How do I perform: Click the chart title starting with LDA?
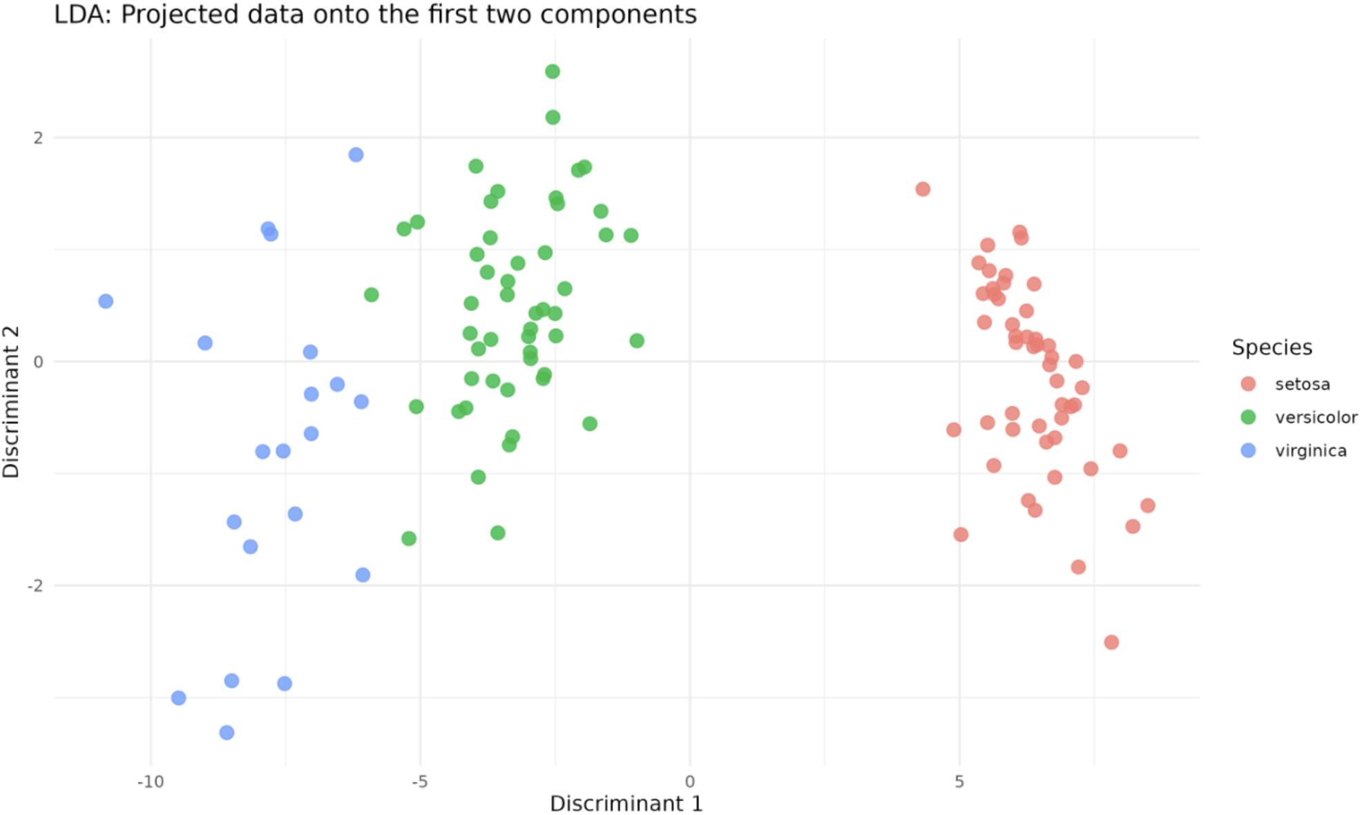(x=375, y=15)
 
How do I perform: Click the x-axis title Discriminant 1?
(x=626, y=803)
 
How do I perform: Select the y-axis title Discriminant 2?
(x=11, y=402)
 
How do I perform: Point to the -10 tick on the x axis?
(x=151, y=781)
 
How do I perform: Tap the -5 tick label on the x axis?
(x=420, y=781)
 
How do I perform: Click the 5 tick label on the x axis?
(x=959, y=781)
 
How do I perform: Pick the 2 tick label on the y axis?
(x=38, y=137)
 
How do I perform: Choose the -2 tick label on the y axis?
(x=35, y=586)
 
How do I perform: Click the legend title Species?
(x=1272, y=347)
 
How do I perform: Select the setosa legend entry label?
(x=1302, y=384)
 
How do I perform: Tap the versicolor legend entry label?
(x=1316, y=417)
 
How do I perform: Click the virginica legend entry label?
(x=1310, y=450)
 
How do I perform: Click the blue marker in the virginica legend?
(x=1248, y=450)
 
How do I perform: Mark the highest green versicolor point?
(x=552, y=71)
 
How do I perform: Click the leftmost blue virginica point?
(x=106, y=301)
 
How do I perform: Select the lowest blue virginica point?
(x=227, y=732)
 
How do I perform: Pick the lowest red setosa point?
(x=1111, y=642)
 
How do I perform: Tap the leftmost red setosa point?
(x=923, y=189)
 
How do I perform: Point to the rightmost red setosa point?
(x=1148, y=506)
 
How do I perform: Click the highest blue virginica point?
(x=356, y=155)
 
